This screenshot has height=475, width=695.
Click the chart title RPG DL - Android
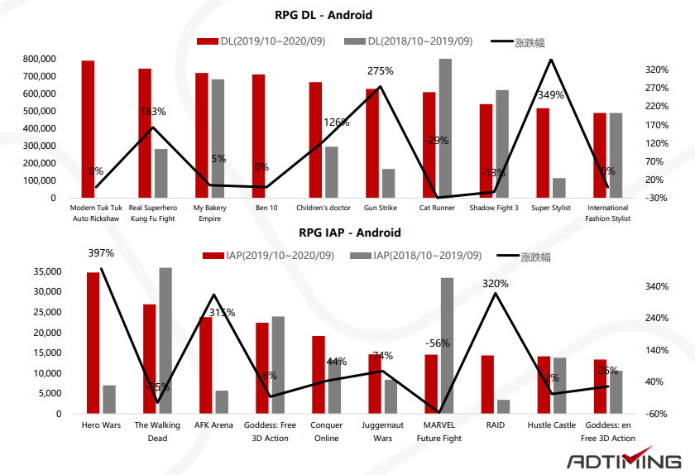click(x=324, y=15)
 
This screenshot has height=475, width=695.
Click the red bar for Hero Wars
click(x=93, y=343)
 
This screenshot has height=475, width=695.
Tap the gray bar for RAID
click(x=504, y=406)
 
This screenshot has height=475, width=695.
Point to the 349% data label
click(x=550, y=95)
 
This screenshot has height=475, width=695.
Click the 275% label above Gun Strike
click(x=380, y=71)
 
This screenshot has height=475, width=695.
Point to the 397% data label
click(x=100, y=253)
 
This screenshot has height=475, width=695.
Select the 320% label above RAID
click(x=495, y=283)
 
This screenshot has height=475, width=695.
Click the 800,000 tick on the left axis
click(x=40, y=60)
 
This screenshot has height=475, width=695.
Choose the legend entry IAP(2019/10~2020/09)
click(x=269, y=256)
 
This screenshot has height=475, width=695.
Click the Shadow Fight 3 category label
click(x=494, y=209)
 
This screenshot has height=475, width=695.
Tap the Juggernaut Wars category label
click(x=382, y=431)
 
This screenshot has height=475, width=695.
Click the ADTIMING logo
click(x=624, y=460)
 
